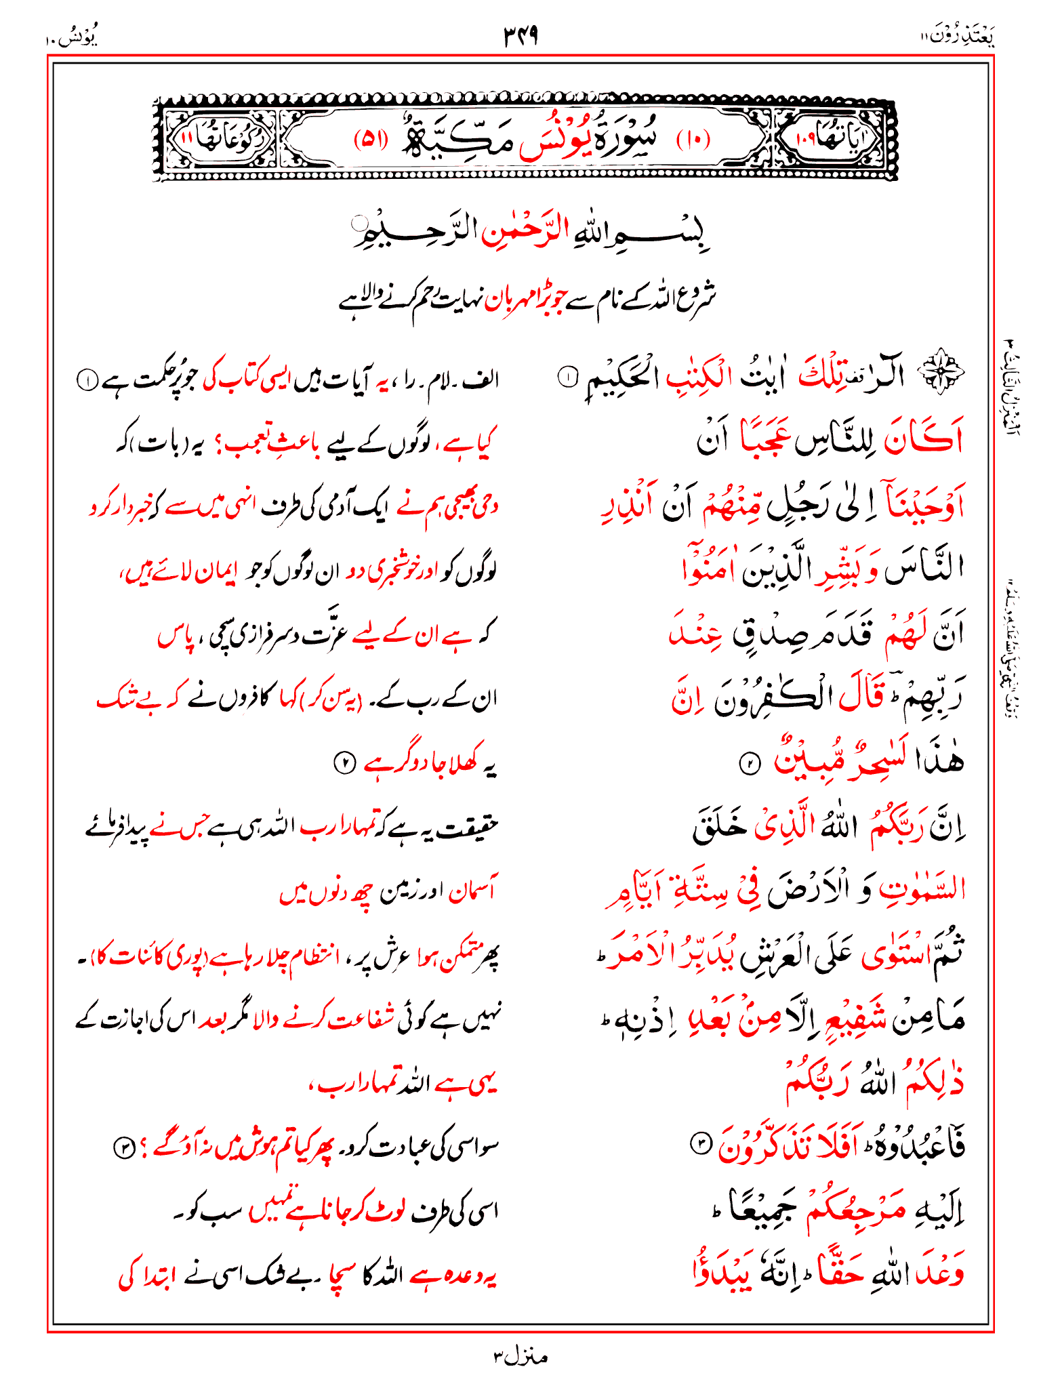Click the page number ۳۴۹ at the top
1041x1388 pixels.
pyautogui.click(x=520, y=36)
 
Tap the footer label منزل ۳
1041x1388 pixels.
pyautogui.click(x=520, y=1356)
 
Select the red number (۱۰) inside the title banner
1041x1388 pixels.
pyautogui.click(x=693, y=140)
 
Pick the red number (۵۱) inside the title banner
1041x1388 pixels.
pyautogui.click(x=371, y=140)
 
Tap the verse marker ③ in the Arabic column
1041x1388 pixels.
pyautogui.click(x=699, y=1144)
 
